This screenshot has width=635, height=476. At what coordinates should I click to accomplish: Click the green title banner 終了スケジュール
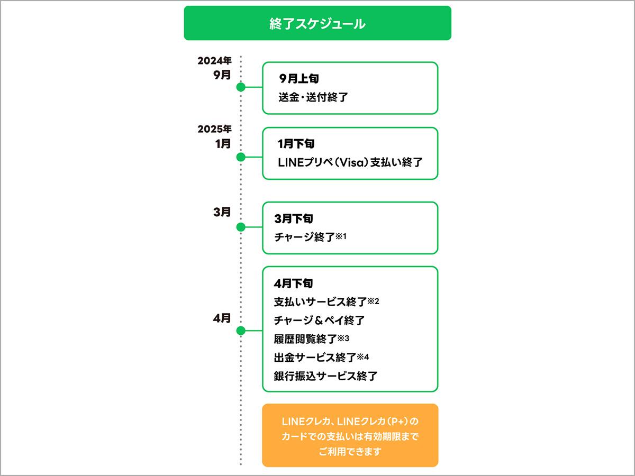tap(317, 23)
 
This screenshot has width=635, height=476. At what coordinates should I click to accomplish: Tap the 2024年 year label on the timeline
tap(215, 60)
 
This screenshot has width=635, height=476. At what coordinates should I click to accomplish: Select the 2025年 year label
tap(215, 129)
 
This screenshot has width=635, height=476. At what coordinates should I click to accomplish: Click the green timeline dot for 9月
tap(241, 87)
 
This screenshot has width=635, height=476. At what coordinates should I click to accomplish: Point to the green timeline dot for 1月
tap(241, 157)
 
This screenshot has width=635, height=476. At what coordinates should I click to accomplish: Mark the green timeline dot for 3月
tap(241, 227)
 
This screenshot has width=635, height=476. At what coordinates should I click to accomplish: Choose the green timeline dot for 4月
tap(241, 331)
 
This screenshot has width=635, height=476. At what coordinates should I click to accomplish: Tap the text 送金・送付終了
tap(313, 97)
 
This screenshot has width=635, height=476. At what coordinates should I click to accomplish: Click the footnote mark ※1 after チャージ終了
tap(341, 236)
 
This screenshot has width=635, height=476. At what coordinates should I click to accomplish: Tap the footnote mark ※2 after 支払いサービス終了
tap(374, 301)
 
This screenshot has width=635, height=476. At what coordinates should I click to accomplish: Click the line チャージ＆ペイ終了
tap(319, 321)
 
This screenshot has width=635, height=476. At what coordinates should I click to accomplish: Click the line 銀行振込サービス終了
tap(325, 376)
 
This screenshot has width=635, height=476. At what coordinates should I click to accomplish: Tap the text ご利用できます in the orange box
tap(350, 452)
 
